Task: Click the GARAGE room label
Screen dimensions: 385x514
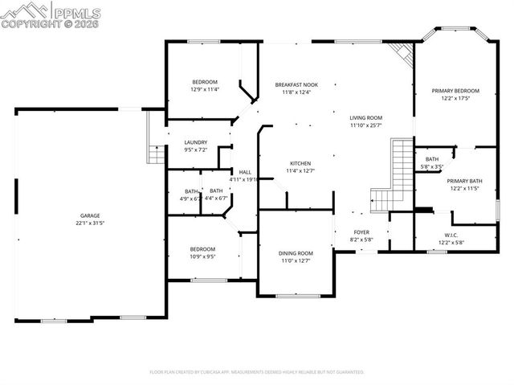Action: (x=89, y=215)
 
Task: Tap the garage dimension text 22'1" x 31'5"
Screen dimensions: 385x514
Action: (x=89, y=223)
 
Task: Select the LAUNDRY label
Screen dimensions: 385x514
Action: (x=196, y=142)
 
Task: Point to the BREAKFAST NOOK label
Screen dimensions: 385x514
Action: (x=296, y=84)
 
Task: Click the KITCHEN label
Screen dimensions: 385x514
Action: (x=300, y=162)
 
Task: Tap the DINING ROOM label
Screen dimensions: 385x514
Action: (x=296, y=253)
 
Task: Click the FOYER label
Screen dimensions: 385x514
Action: (x=361, y=231)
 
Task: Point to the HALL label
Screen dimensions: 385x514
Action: (x=244, y=172)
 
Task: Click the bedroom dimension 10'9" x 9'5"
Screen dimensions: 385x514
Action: (x=202, y=257)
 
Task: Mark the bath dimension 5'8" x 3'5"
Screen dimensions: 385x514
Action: (x=433, y=166)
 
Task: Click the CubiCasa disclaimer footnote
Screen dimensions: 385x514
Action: (x=257, y=372)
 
